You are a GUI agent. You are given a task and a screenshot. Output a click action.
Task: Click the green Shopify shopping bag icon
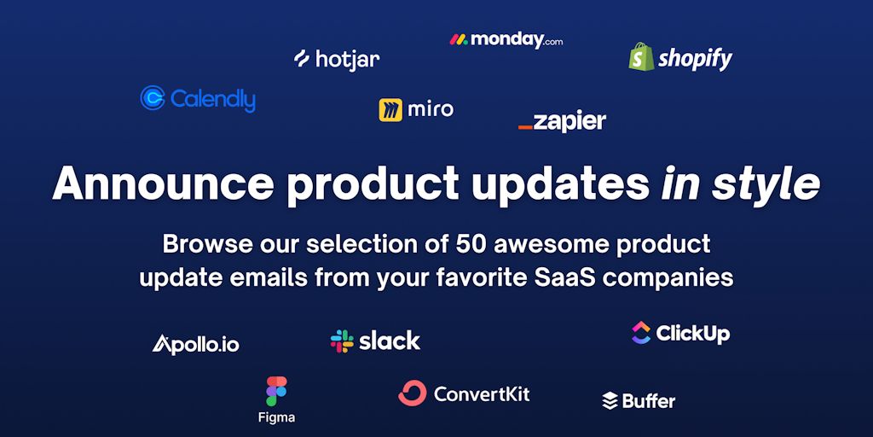641,56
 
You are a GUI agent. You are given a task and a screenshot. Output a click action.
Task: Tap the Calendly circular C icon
153,97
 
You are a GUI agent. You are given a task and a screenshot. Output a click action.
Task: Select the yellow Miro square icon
390,110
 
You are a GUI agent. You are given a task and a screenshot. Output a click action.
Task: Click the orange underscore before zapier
525,128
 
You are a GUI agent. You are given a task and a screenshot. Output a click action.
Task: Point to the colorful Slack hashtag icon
342,341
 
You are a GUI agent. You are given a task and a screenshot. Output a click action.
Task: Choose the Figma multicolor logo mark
276,391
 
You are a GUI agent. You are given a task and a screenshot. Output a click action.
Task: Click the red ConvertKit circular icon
412,393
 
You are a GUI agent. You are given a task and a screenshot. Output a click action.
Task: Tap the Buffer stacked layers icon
610,401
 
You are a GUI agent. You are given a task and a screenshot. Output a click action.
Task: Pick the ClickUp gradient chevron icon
641,333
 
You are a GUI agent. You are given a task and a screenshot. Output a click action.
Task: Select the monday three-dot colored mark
459,39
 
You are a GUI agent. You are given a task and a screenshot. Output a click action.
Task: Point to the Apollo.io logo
195,344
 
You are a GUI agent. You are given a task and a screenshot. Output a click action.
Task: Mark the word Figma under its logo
277,417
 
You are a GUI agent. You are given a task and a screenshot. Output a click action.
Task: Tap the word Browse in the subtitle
198,245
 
